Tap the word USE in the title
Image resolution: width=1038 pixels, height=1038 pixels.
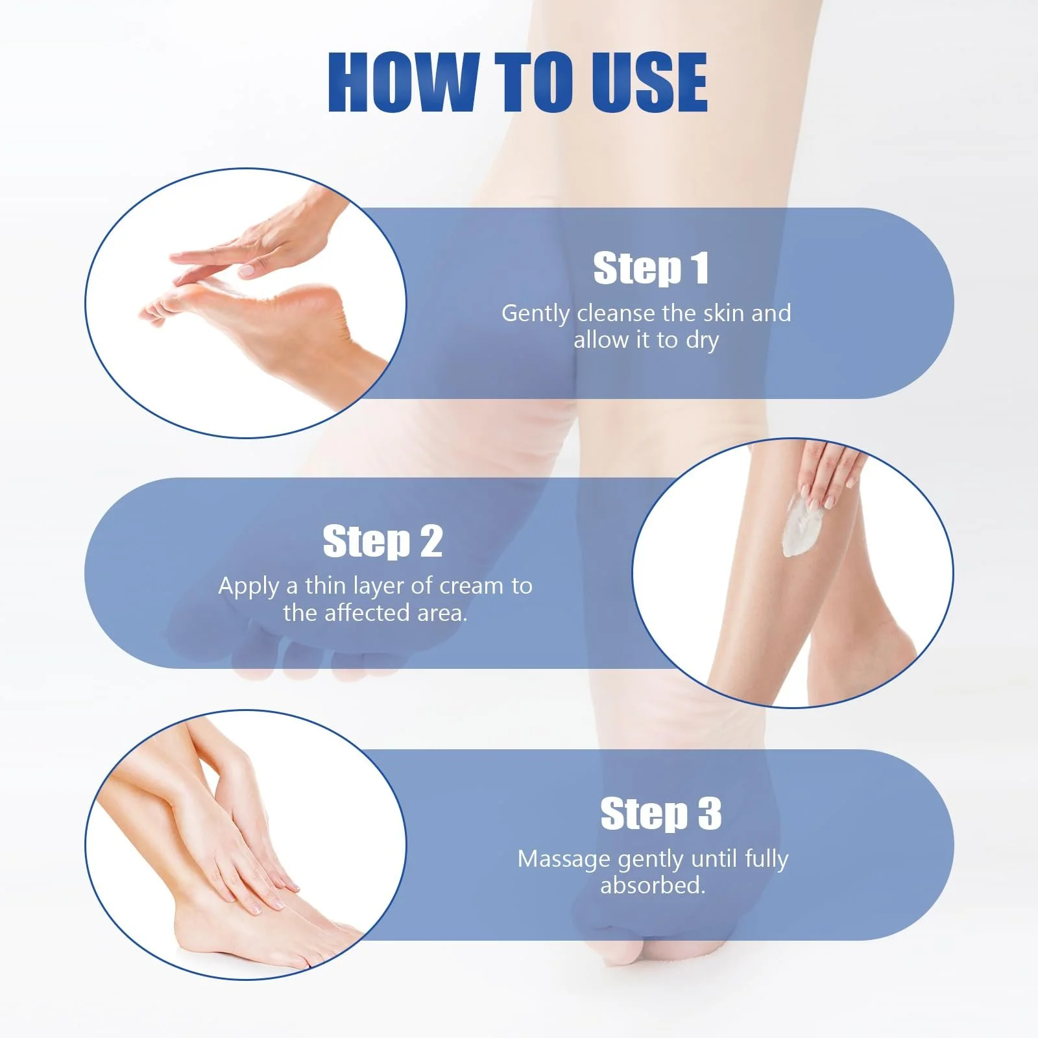(642, 82)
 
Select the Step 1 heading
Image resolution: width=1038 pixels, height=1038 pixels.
(651, 268)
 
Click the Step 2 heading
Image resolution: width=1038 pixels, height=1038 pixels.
(383, 541)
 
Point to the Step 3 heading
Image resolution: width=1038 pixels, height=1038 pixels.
(660, 814)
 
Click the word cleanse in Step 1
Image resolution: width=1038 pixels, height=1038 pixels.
(616, 313)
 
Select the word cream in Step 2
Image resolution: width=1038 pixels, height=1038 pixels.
(472, 586)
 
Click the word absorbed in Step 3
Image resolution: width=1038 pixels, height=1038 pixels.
(653, 885)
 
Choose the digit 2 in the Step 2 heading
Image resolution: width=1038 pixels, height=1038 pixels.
(431, 541)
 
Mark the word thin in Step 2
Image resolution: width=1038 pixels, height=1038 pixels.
(326, 586)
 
